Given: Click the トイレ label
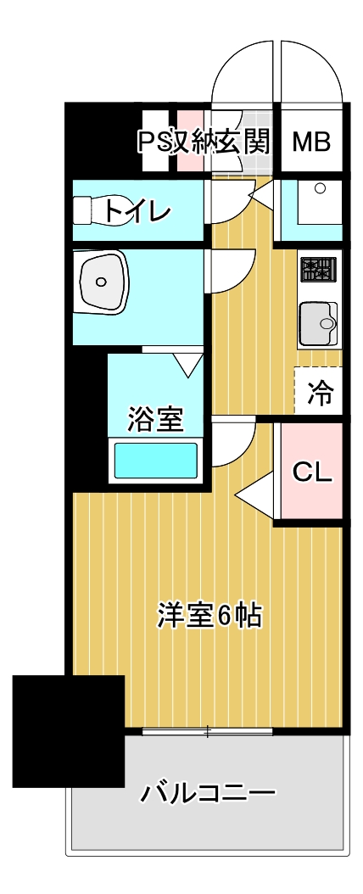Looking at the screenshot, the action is [137, 212].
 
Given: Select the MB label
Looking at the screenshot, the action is [311, 142].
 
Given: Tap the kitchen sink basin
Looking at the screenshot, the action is [319, 322].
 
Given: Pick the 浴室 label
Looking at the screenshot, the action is [154, 418].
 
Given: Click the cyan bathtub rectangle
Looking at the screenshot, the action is [156, 460].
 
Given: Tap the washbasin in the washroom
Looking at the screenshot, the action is [102, 282].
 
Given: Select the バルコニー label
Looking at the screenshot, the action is [208, 793].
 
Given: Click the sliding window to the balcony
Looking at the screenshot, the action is [208, 730].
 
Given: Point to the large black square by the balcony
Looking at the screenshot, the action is [69, 731].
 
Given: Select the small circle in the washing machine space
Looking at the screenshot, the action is [320, 187].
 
